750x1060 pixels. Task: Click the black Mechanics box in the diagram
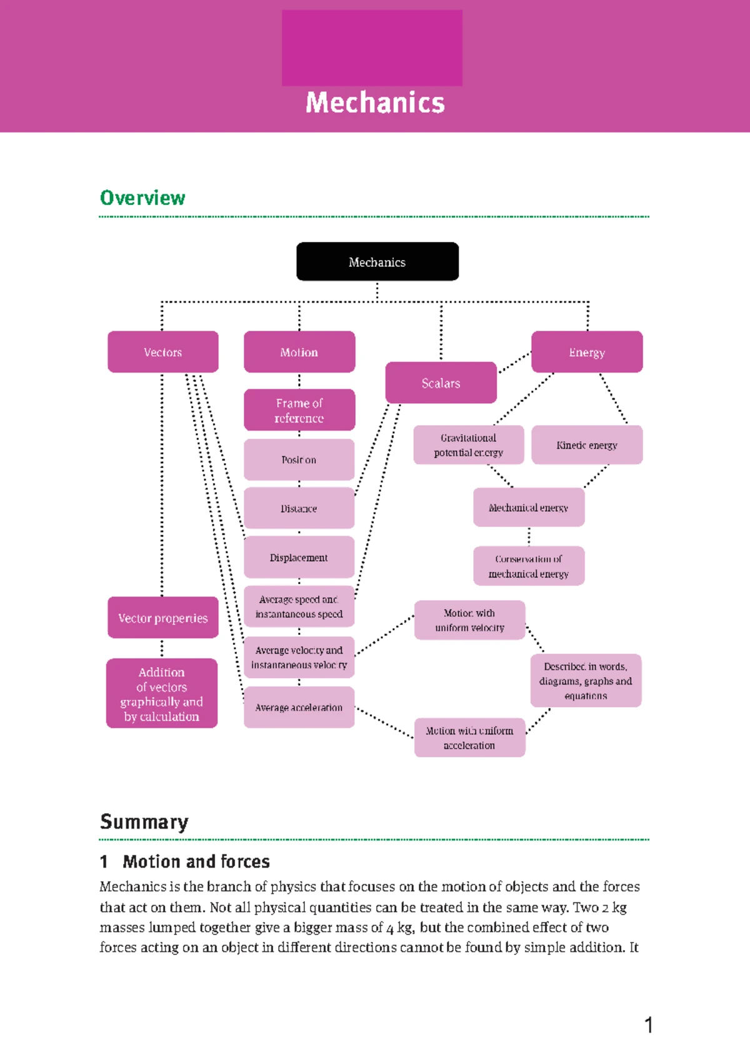[377, 262]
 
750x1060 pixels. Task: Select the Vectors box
[162, 352]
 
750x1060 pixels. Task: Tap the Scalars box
[441, 382]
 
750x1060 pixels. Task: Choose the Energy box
[587, 352]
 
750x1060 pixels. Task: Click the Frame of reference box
[299, 410]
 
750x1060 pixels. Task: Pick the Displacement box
[299, 557]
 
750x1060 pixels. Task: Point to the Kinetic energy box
[587, 445]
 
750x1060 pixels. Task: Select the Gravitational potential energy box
[468, 445]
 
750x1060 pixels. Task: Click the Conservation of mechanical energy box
[529, 566]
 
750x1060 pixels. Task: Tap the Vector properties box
[162, 617]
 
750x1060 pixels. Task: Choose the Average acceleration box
[299, 707]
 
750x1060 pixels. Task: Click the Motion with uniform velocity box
[469, 620]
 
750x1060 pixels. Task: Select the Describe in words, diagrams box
[586, 681]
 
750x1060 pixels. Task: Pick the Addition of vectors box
[162, 694]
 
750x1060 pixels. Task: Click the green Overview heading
[142, 198]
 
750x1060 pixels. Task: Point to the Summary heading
[144, 822]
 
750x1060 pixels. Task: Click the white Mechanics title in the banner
[375, 103]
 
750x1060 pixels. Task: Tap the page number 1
[649, 1025]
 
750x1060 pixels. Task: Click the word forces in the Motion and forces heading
[244, 862]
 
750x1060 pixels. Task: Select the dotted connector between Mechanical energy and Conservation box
[529, 536]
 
